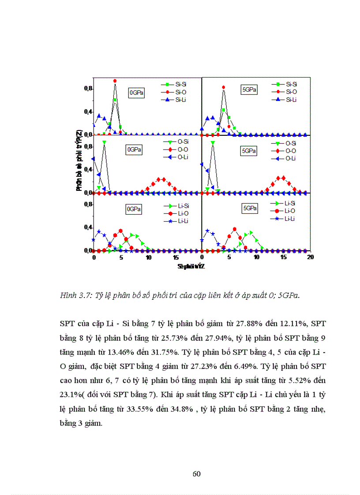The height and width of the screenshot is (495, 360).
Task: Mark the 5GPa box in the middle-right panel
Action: (249, 150)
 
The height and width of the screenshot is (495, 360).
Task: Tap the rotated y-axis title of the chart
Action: (79, 160)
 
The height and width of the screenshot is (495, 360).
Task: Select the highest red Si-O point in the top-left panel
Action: (115, 81)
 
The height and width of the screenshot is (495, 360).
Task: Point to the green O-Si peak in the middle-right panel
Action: (213, 143)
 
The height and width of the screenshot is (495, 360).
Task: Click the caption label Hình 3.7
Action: (75, 296)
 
